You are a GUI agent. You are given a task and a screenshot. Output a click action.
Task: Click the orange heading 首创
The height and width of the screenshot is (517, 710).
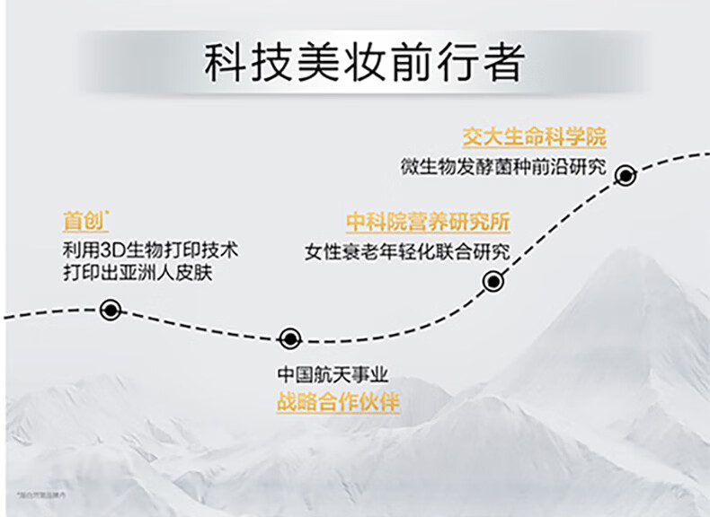(x=84, y=220)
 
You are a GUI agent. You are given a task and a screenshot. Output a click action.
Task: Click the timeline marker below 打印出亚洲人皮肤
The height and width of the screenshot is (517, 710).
(x=111, y=310)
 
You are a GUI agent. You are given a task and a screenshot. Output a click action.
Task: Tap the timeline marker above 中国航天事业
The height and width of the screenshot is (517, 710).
(x=289, y=338)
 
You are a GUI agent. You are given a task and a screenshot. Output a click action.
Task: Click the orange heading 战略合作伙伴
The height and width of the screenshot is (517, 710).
(x=337, y=402)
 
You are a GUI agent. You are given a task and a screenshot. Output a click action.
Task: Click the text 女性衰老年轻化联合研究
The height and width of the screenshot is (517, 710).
(x=407, y=251)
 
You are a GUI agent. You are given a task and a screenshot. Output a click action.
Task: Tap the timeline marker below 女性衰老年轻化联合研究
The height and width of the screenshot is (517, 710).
(x=493, y=281)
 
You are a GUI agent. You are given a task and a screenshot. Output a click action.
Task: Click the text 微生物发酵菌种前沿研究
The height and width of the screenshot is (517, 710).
(x=503, y=167)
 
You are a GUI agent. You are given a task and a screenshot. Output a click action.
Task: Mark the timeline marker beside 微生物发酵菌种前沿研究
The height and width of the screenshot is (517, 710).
(x=626, y=175)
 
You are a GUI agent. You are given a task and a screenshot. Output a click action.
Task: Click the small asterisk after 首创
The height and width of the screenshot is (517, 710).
(x=108, y=212)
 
